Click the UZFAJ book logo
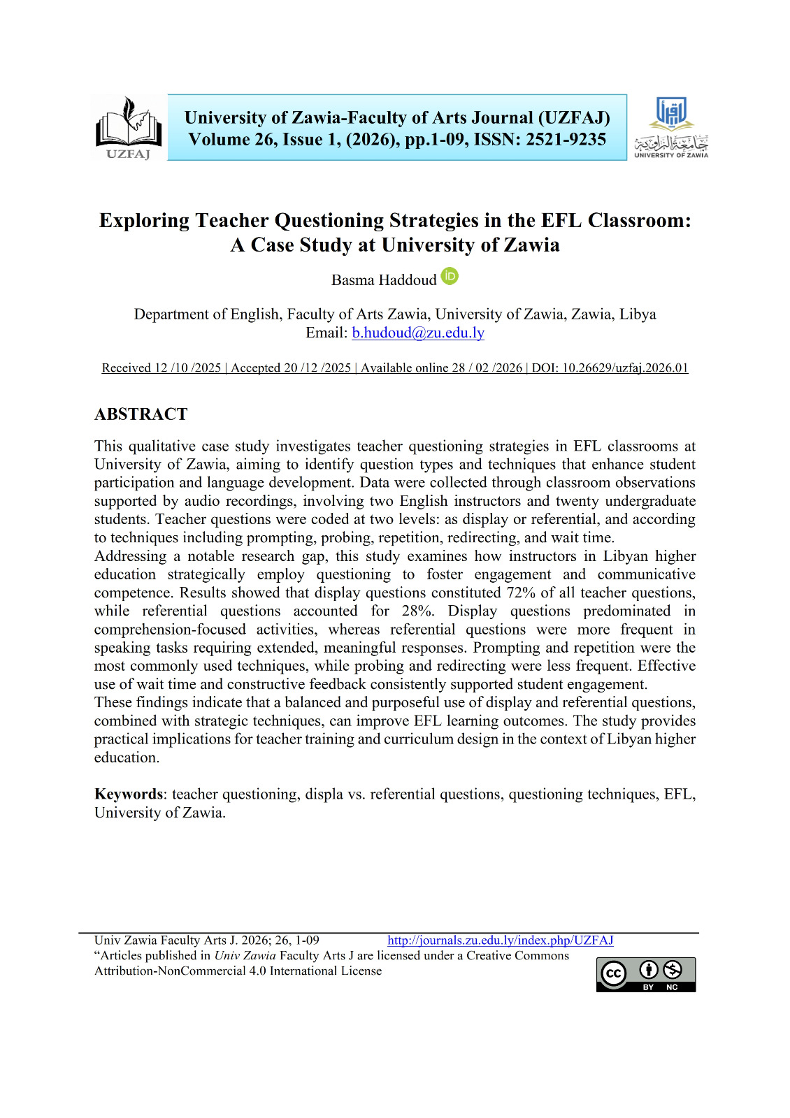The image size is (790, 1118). (x=129, y=129)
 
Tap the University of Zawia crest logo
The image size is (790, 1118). (x=671, y=128)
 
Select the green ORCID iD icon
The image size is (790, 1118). (x=450, y=277)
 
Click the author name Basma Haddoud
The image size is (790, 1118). (x=384, y=280)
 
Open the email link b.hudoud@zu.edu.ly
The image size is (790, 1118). (x=418, y=333)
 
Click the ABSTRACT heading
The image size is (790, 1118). (x=141, y=414)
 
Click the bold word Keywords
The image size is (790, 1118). (x=129, y=794)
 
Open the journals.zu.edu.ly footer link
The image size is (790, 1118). (x=501, y=941)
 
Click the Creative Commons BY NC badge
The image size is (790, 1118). (x=646, y=974)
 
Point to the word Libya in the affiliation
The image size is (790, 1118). (x=638, y=314)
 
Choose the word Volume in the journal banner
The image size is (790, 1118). (x=219, y=140)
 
